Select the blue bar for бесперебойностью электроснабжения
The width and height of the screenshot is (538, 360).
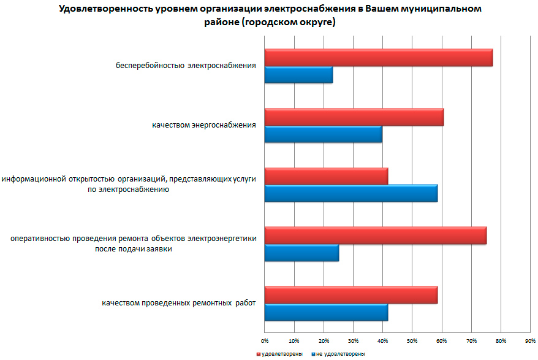point(298,75)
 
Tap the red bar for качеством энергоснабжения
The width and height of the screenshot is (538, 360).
point(354,117)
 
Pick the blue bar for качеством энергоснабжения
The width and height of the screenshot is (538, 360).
point(323,134)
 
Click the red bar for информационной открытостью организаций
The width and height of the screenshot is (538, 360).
point(326,176)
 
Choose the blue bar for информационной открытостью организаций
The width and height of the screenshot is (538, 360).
point(350,193)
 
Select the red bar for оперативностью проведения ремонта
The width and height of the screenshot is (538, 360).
point(375,236)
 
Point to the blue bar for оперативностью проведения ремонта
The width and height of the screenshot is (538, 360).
point(301,253)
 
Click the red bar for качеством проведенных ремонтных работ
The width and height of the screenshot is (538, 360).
point(350,294)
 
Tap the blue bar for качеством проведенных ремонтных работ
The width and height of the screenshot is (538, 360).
point(326,312)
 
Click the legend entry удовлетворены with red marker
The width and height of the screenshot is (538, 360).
point(276,354)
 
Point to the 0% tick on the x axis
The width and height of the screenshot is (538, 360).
point(265,340)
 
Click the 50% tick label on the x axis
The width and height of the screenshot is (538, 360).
point(412,340)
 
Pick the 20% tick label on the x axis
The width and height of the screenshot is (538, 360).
point(324,340)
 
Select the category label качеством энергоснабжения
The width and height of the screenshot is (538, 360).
point(204,125)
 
